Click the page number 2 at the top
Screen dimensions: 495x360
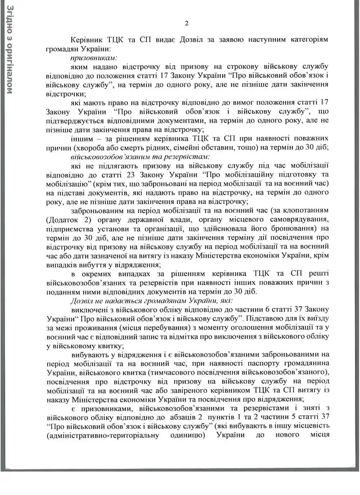click(186, 24)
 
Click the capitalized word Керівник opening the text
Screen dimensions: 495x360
click(83, 40)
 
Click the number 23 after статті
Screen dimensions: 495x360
click(131, 175)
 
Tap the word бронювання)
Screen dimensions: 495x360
click(294, 228)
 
